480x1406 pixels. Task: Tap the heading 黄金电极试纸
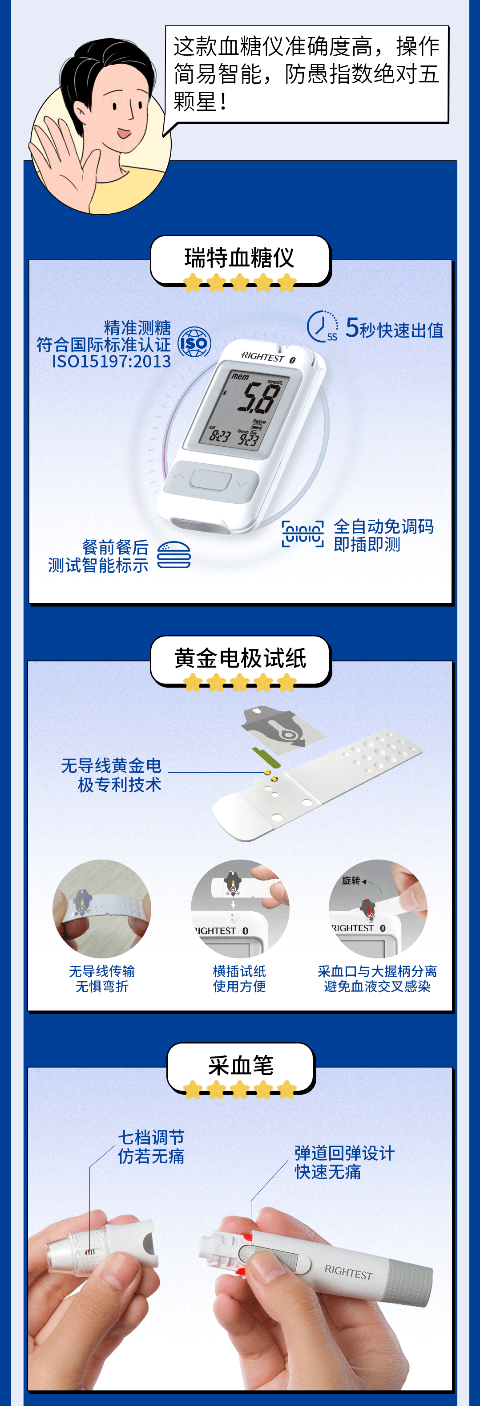pyautogui.click(x=240, y=658)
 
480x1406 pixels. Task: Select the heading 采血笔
pyautogui.click(x=241, y=1065)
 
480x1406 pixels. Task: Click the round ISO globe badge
pyautogui.click(x=194, y=343)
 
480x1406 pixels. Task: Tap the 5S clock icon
pyautogui.click(x=323, y=326)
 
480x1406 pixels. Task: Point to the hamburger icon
pyautogui.click(x=174, y=555)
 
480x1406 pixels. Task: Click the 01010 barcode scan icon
pyautogui.click(x=303, y=534)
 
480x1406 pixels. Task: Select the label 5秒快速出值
pyautogui.click(x=394, y=329)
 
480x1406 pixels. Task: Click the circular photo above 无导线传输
pyautogui.click(x=102, y=909)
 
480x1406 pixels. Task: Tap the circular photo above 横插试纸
pyautogui.click(x=240, y=909)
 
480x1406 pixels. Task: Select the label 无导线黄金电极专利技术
pyautogui.click(x=111, y=775)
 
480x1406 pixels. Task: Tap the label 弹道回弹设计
pyautogui.click(x=344, y=1153)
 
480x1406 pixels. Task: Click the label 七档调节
pyautogui.click(x=151, y=1137)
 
